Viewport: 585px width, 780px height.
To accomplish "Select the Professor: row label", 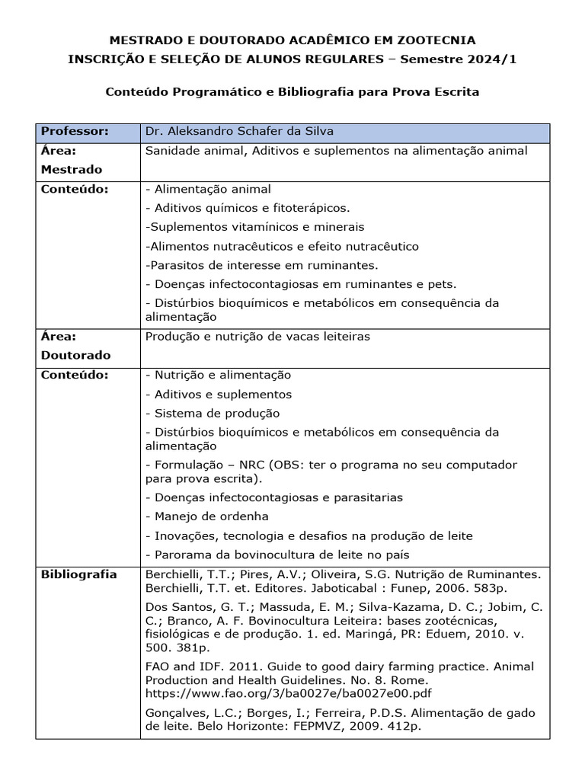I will pyautogui.click(x=75, y=131).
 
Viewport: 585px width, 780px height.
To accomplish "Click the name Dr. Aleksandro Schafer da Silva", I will pyautogui.click(x=240, y=131).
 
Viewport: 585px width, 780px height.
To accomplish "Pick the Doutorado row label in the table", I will pyautogui.click(x=75, y=355).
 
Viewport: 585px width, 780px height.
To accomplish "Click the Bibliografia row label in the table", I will pyautogui.click(x=78, y=574).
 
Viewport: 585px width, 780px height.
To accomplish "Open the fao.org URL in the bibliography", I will pyautogui.click(x=289, y=694).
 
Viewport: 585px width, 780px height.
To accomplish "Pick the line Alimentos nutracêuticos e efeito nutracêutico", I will pyautogui.click(x=281, y=246).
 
